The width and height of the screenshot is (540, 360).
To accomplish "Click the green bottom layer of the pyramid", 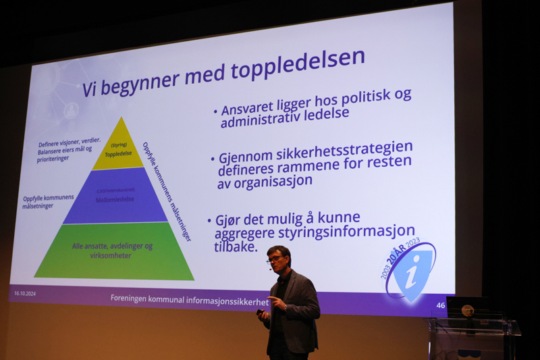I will coord(113,251).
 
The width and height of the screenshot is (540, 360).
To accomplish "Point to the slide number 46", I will coord(441,305).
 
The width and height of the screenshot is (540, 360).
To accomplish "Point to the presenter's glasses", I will coord(276,258).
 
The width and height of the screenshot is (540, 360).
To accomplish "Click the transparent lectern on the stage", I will coord(473,338).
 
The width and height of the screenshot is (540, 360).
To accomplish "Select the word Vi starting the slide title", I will coord(91,88).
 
